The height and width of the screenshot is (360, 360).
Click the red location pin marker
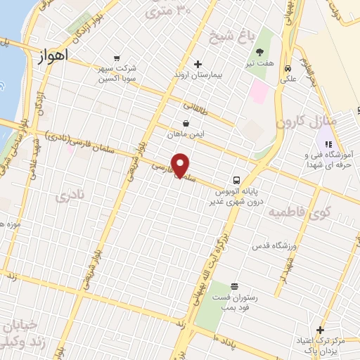181,165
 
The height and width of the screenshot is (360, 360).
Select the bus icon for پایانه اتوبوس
237,179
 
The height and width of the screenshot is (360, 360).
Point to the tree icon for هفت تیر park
259,52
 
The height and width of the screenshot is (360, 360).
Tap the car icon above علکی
288,68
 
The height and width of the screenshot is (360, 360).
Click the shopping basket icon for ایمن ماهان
186,122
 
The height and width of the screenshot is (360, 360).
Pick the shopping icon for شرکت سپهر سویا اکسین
117,58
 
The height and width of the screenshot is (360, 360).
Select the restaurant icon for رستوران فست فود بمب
233,286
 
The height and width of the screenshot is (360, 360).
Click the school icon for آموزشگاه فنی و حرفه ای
328,144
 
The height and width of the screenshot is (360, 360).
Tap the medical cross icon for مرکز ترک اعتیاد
321,330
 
